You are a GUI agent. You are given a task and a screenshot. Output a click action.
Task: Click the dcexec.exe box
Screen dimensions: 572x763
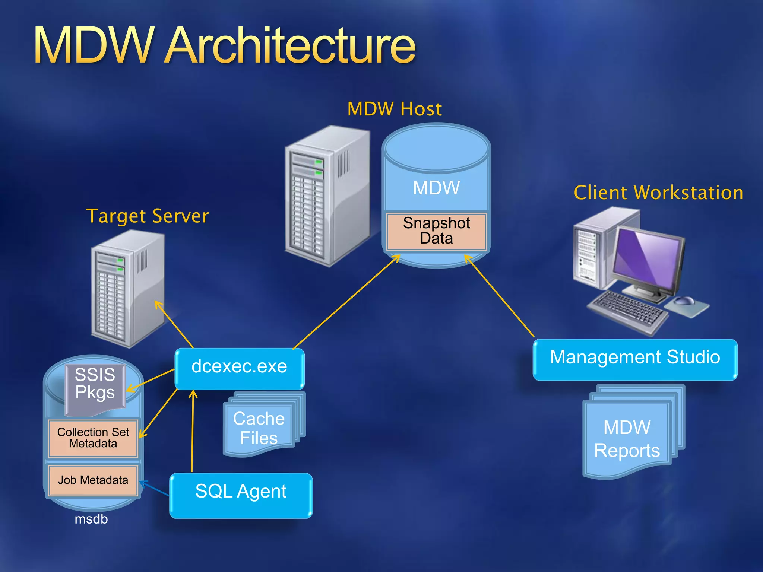tap(240, 368)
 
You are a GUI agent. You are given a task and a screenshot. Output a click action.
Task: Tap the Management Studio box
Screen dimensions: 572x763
tap(635, 359)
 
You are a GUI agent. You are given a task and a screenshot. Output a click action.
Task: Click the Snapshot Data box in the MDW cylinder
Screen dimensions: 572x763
tap(436, 231)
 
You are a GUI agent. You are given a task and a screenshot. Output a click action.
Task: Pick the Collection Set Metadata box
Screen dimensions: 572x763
tap(93, 438)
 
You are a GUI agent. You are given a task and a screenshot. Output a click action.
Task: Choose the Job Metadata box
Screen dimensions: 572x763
tap(93, 480)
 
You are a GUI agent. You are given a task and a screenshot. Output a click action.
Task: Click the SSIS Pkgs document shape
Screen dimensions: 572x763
tap(95, 387)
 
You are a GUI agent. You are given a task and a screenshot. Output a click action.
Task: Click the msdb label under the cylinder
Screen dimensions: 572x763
tap(91, 519)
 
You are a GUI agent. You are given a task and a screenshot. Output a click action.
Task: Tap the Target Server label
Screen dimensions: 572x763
tap(148, 216)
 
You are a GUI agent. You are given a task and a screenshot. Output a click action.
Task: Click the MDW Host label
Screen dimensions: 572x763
tap(395, 109)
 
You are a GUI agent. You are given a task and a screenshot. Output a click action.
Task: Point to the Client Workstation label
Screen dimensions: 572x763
tap(658, 193)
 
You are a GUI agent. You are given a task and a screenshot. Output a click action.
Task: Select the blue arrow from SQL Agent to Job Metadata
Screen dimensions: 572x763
tap(155, 488)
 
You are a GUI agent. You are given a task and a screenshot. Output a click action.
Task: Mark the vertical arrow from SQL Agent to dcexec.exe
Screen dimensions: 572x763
tap(192, 432)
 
